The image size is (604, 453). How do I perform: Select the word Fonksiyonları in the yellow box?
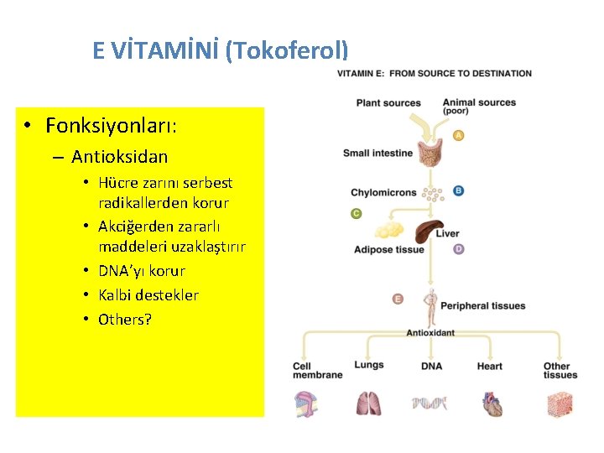click(x=111, y=126)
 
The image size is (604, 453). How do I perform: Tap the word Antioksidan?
click(x=119, y=157)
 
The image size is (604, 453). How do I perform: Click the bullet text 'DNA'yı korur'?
click(x=141, y=271)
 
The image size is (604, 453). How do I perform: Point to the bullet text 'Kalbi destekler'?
click(x=148, y=295)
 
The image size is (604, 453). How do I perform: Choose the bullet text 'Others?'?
click(x=125, y=320)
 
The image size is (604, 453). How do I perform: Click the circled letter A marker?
click(x=458, y=135)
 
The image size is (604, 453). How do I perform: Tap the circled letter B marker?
click(x=458, y=190)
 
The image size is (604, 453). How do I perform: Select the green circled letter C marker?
click(x=356, y=214)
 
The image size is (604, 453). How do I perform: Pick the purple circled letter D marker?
click(x=458, y=249)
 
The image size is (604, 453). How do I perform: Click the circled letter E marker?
click(x=398, y=299)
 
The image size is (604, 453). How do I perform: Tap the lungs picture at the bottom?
click(x=368, y=404)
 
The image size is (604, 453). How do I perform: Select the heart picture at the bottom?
click(x=492, y=404)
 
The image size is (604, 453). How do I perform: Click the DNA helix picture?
click(x=430, y=404)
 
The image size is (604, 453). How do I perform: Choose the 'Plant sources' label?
click(x=388, y=103)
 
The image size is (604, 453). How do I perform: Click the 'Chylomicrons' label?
click(x=383, y=193)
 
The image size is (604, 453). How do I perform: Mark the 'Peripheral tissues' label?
click(x=482, y=306)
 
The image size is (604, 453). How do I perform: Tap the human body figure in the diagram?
click(x=430, y=307)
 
